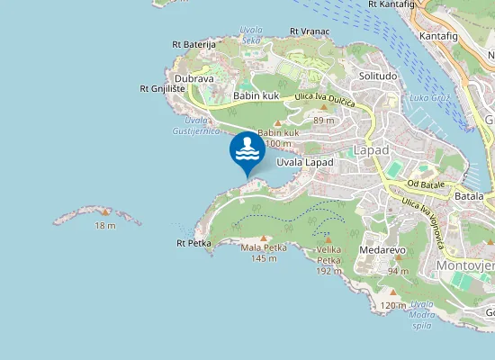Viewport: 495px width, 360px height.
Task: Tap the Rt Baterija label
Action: coord(193,43)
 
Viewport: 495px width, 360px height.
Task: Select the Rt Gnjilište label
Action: coord(163,88)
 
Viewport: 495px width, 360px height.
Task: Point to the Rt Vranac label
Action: coord(309,31)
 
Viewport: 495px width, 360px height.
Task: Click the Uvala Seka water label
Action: coord(251,34)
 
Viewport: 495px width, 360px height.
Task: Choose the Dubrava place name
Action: coord(193,78)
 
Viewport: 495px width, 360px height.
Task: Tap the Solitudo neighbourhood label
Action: coord(378,76)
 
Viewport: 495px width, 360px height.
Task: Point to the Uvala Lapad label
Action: coord(305,162)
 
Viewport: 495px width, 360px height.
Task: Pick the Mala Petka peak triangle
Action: coord(264,238)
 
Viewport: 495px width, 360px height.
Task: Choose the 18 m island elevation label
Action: coord(105,225)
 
